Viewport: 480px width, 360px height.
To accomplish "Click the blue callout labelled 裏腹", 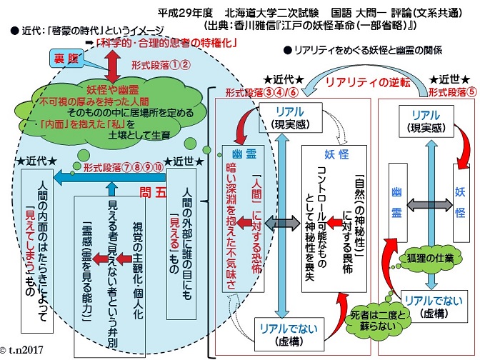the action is (66, 59).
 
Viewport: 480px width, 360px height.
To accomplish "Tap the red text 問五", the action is (153, 193).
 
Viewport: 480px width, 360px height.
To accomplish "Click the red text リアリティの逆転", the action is (368, 82).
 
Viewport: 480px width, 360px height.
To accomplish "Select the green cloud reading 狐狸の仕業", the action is (430, 259).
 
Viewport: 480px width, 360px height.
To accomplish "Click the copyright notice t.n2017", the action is (21, 349).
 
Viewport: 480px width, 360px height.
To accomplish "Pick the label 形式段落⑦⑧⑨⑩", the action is (123, 167).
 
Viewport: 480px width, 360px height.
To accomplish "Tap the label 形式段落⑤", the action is (452, 92).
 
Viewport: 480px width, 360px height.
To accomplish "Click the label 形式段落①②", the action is (161, 65).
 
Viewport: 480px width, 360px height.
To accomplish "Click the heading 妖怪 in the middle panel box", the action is (336, 154).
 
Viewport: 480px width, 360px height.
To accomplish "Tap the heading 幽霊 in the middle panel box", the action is (244, 154).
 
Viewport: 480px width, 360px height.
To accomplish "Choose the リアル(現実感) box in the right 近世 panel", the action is (426, 121).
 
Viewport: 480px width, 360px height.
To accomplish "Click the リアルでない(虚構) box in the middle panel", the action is (289, 334).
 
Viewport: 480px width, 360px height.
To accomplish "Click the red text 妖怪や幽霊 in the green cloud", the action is (113, 90).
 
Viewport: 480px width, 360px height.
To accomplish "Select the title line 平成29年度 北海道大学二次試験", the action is (238, 13).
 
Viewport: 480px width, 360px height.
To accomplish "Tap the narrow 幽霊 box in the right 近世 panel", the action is (398, 203).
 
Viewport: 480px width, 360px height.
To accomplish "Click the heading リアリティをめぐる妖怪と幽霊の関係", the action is (363, 50).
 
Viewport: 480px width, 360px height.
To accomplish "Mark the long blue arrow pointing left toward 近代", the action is (109, 177).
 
